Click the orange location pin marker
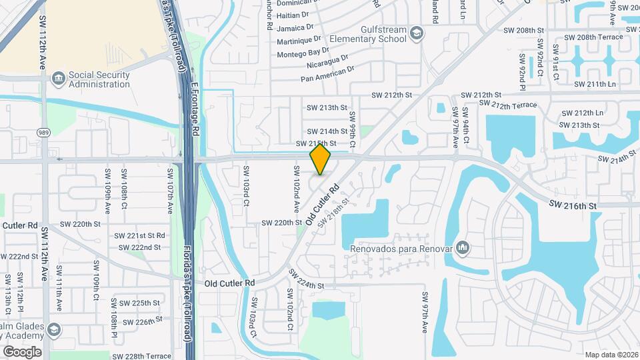tap(321, 159)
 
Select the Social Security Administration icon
tap(59, 79)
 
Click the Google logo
tap(22, 352)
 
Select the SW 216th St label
tap(573, 206)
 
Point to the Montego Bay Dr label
tap(303, 52)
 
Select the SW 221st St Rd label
tap(139, 235)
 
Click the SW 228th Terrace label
tap(142, 356)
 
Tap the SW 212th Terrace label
tap(513, 105)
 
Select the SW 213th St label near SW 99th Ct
tap(327, 107)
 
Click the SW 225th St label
tap(136, 303)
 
